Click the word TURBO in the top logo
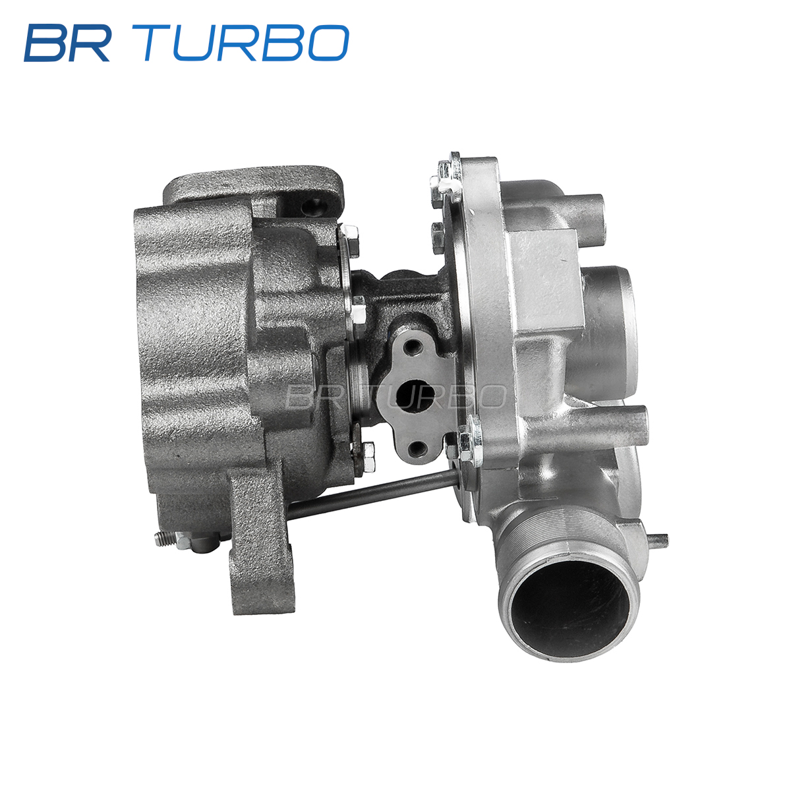(246, 43)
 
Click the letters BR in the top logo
(67, 43)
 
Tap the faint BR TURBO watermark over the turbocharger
(395, 396)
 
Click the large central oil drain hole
(415, 395)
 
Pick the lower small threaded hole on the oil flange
(417, 447)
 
